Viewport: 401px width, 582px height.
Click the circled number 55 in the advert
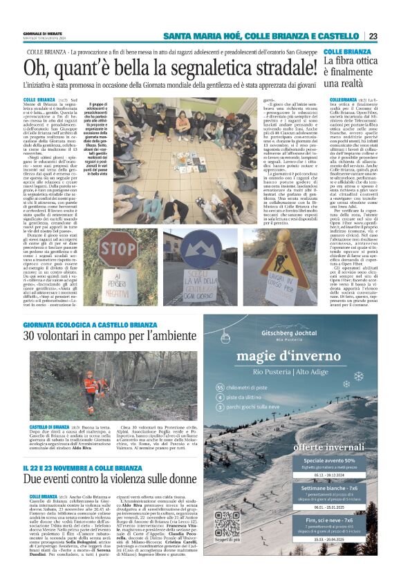point(221,388)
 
